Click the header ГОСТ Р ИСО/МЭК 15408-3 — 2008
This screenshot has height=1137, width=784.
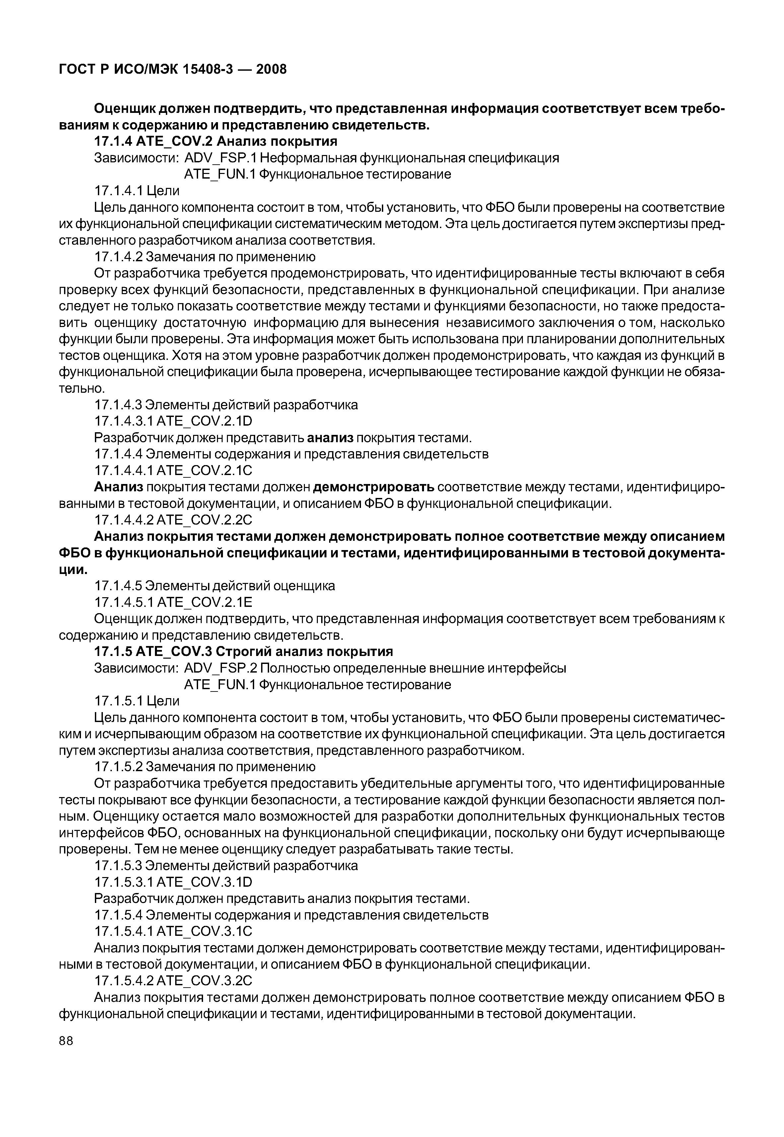pos(173,69)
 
